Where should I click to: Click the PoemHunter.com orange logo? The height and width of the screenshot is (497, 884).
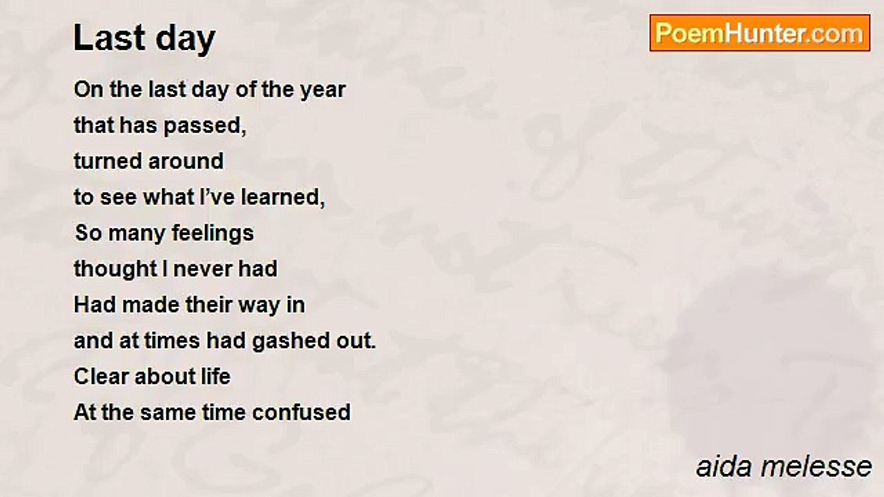tap(760, 33)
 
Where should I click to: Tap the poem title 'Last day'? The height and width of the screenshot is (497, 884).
tap(144, 38)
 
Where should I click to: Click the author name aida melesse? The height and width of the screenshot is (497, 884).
tap(784, 467)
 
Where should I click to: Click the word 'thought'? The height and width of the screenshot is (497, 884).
tap(115, 269)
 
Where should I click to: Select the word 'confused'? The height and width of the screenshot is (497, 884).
tap(302, 412)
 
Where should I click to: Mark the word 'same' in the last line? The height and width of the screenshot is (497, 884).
tap(168, 413)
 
